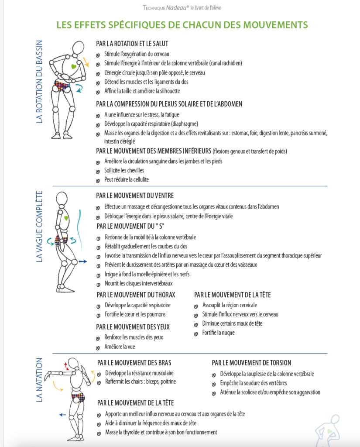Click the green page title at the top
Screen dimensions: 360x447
[x=182, y=25]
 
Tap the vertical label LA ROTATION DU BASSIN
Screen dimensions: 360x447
[x=39, y=82]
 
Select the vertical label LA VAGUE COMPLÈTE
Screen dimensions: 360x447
[x=39, y=227]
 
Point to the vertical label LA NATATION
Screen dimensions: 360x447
[x=39, y=380]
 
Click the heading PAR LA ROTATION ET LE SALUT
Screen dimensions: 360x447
[x=132, y=44]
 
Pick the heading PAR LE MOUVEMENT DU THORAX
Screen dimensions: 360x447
[x=136, y=295]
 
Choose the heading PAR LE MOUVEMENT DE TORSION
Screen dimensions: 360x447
[x=251, y=363]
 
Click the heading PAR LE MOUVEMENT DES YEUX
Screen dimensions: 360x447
[x=133, y=327]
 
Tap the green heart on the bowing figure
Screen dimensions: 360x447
[x=74, y=66]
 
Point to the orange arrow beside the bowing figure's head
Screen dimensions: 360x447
[x=86, y=62]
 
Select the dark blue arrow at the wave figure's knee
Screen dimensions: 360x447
[x=82, y=261]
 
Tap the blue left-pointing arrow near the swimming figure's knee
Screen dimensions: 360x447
[x=62, y=415]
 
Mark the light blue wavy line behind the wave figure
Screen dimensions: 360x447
[x=81, y=230]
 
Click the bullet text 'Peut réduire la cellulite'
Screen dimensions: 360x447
[x=126, y=179]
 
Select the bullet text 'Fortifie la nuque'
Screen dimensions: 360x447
[x=218, y=333]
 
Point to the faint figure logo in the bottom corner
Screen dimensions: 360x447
[x=328, y=430]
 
